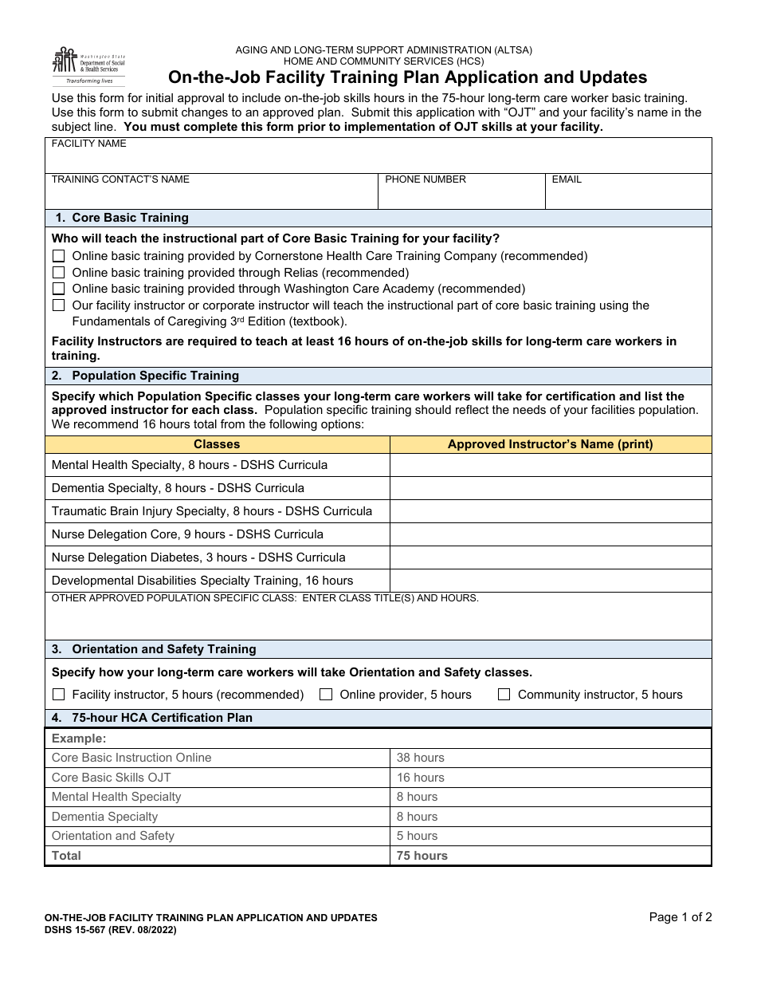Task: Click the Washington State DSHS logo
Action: (88, 65)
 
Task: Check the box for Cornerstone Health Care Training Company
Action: (58, 256)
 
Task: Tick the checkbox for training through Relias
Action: (58, 273)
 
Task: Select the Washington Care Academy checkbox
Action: (58, 289)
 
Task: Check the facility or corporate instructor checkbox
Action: (58, 305)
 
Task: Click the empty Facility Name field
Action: (378, 160)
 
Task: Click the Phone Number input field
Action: (461, 196)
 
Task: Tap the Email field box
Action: (628, 196)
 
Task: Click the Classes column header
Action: (217, 444)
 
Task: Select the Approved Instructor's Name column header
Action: (550, 444)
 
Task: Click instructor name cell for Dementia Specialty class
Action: (550, 488)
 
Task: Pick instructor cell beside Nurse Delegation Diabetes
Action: (550, 557)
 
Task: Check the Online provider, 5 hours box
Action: (326, 695)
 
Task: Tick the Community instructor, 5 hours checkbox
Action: (504, 695)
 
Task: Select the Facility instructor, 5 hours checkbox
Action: (58, 695)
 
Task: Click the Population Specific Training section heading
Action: (155, 376)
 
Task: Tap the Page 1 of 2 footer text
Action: (681, 917)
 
